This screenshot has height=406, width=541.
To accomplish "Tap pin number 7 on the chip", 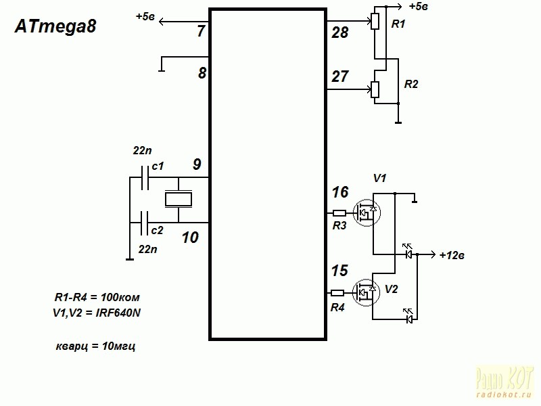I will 200,31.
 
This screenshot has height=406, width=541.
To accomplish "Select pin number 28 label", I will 339,32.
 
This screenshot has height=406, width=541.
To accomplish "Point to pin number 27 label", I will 339,77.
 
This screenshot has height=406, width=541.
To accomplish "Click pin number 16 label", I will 339,193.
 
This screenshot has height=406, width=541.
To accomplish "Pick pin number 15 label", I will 339,271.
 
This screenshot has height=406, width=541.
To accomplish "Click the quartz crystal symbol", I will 179,200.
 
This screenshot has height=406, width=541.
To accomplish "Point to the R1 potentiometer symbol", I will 375,22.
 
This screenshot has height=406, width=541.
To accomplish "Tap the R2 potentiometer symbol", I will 375,89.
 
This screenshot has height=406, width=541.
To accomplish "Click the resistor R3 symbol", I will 340,213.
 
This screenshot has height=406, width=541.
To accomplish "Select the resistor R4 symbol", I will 339,293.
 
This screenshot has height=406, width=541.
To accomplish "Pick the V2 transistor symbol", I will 367,292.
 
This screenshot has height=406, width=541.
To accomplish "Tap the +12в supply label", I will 452,256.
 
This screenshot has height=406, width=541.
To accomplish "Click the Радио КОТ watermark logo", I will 505,380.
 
